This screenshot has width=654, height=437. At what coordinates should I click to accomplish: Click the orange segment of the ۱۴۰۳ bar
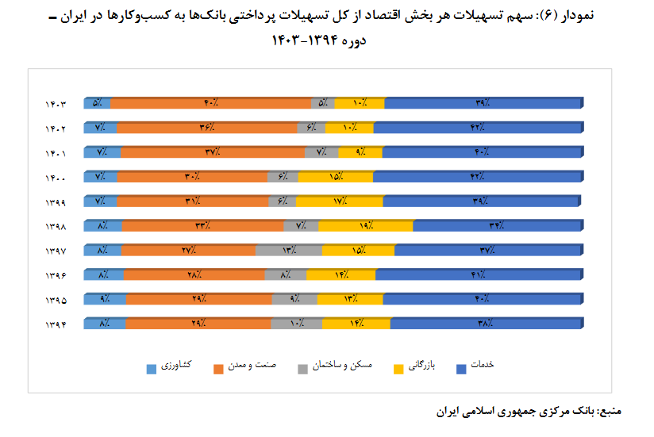[x=211, y=103]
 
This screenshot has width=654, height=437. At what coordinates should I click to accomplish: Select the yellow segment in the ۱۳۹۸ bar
[x=366, y=226]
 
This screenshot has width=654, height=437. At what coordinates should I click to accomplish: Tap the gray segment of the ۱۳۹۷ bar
[x=288, y=251]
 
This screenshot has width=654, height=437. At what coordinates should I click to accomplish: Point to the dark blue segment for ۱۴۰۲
[x=478, y=128]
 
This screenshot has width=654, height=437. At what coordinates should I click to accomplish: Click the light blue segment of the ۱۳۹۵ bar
[x=105, y=300]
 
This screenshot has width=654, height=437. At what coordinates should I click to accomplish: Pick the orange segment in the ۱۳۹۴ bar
[x=198, y=324]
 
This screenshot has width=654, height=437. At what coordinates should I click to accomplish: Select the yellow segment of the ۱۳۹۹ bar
[x=340, y=201]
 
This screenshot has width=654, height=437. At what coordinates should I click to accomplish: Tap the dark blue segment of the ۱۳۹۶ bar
[x=478, y=275]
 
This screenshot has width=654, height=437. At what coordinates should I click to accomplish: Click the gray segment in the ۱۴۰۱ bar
[x=321, y=152]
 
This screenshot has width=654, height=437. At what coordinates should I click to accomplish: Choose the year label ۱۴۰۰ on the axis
[x=56, y=178]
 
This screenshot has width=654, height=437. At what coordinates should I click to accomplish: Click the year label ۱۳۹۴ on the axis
[x=56, y=325]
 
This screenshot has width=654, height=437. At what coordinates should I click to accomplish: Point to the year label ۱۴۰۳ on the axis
[x=56, y=104]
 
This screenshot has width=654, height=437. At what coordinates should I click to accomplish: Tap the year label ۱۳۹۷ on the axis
[x=56, y=251]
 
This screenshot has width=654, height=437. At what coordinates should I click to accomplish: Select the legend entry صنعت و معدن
[x=249, y=366]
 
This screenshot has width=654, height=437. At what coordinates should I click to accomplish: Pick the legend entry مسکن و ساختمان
[x=332, y=366]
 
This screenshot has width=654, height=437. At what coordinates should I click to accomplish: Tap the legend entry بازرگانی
[x=420, y=366]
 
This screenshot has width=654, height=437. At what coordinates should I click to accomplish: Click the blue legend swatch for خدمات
[x=460, y=366]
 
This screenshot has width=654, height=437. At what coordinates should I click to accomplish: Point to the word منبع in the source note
[x=610, y=412]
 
